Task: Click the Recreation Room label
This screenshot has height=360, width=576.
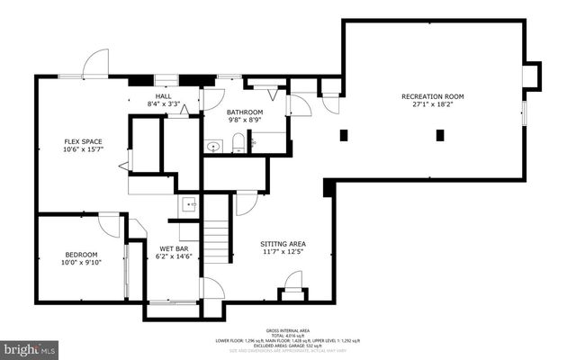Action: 432,95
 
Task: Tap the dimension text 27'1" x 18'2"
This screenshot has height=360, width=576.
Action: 432,104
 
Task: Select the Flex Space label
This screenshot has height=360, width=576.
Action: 82,141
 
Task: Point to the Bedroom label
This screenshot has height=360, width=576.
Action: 81,255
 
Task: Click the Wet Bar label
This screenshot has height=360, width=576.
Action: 175,247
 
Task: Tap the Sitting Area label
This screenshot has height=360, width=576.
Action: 283,243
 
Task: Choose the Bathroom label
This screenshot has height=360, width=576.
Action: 245,112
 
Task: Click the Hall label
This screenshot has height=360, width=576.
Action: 163,96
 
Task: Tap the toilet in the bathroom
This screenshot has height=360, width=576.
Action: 238,142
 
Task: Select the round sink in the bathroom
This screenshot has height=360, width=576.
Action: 214,146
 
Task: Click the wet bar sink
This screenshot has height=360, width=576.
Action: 189,204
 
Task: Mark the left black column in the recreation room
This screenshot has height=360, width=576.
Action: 343,136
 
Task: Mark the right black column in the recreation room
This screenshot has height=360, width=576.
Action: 440,136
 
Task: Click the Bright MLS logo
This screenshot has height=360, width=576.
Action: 30,346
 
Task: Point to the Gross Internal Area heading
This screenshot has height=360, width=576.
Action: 288,330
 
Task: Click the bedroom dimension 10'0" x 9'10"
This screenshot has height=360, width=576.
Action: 81,264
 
